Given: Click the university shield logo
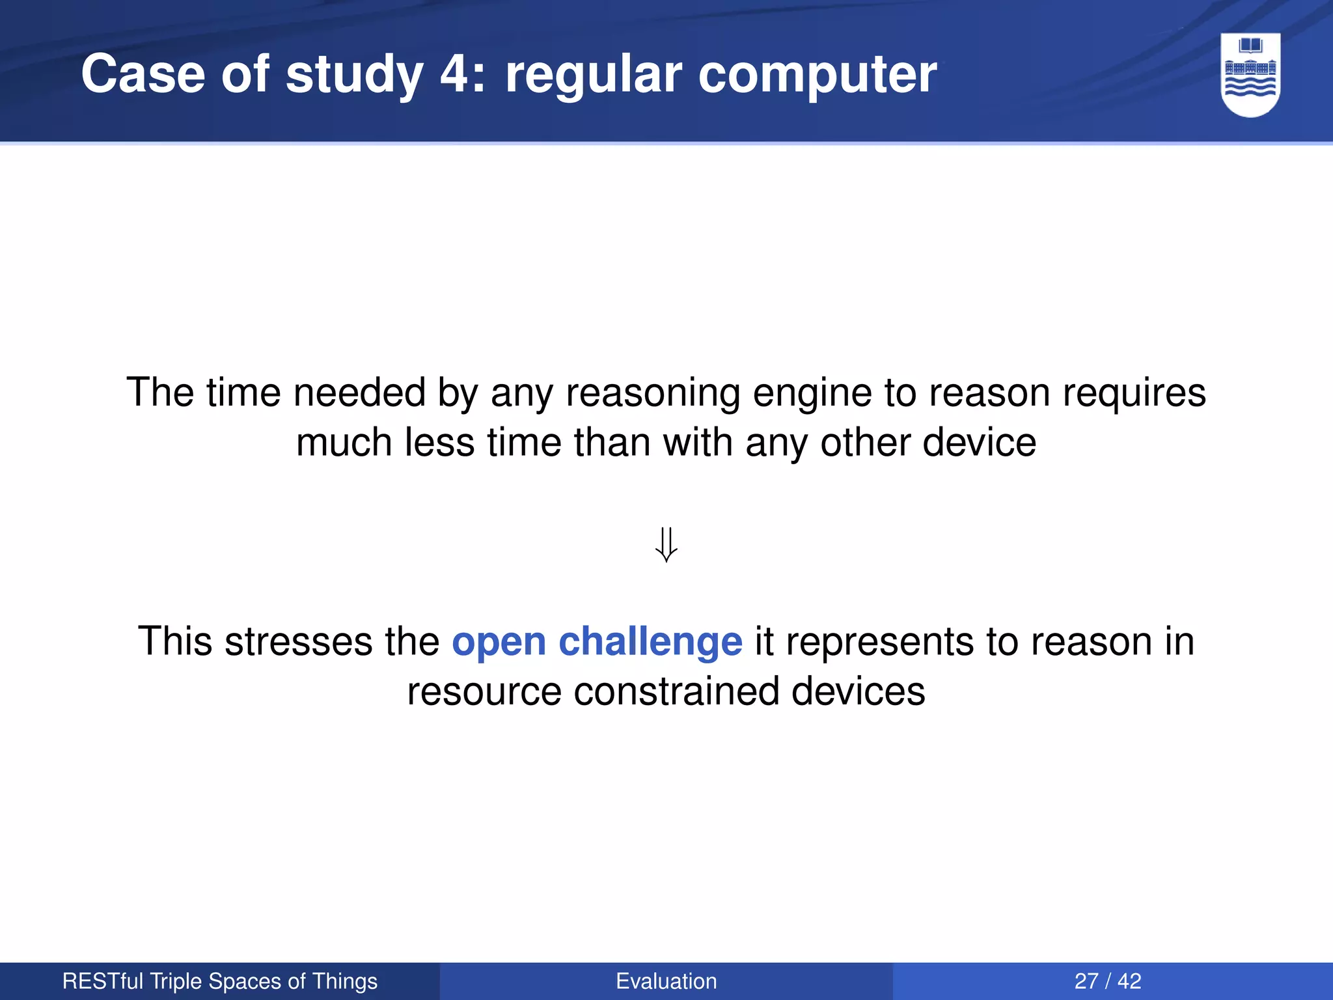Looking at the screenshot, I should pos(1250,75).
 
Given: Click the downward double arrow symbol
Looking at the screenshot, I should pos(666,544).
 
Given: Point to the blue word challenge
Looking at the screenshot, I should pos(650,642).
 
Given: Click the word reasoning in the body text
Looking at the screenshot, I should pos(652,394).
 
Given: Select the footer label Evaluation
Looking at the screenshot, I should pos(666,981).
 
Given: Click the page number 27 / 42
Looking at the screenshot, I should pos(1107,981).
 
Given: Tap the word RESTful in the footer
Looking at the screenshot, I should pos(103,981).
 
